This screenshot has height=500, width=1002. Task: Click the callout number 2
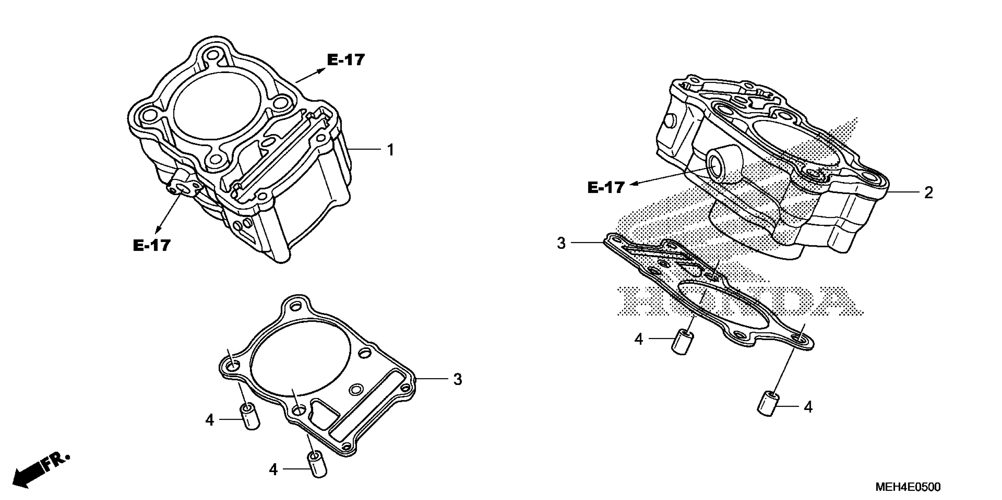(x=928, y=193)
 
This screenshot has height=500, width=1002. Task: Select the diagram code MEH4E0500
(x=908, y=487)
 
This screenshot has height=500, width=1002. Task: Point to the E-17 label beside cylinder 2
(x=606, y=188)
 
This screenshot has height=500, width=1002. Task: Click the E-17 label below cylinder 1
(x=152, y=245)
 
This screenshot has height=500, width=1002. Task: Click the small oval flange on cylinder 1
(x=183, y=189)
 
